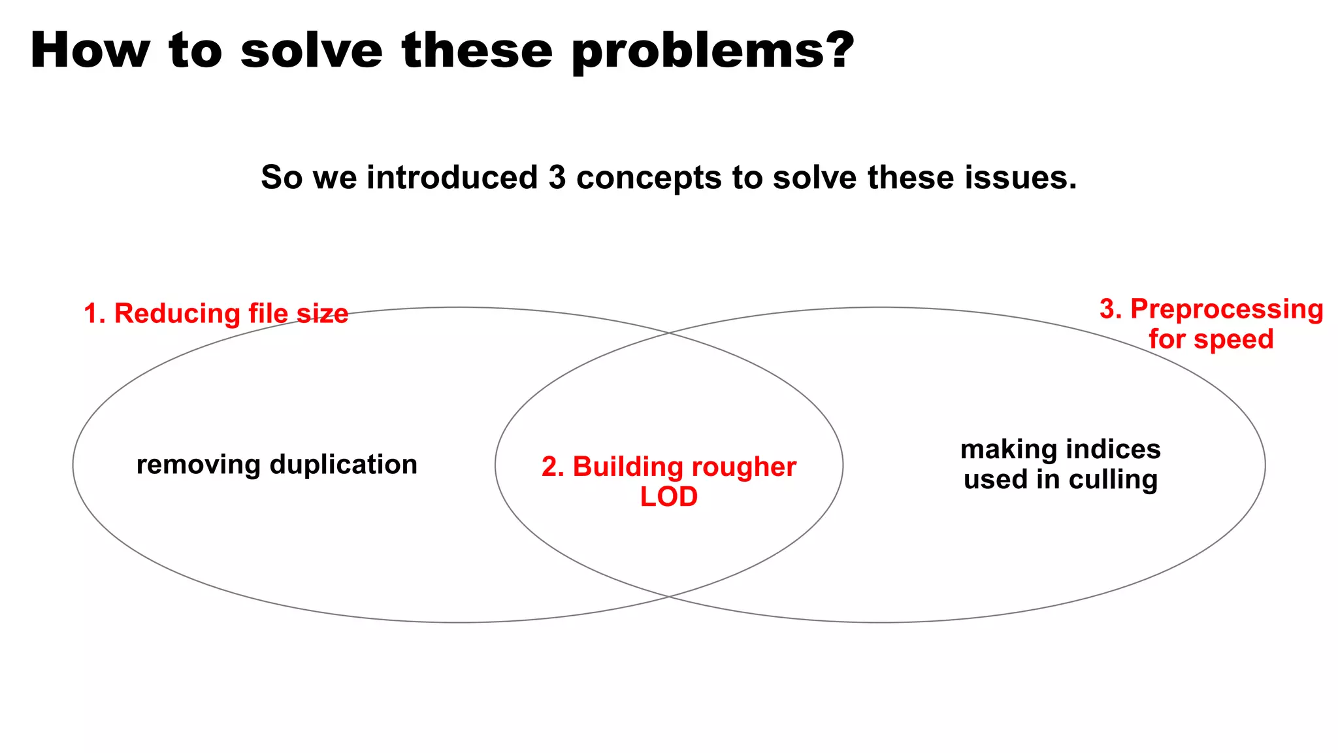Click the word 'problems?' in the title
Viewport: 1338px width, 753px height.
pos(713,51)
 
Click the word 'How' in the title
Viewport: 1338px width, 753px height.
pos(90,51)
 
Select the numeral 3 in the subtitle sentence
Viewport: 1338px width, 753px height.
pos(557,178)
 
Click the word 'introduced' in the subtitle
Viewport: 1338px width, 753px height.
pos(452,178)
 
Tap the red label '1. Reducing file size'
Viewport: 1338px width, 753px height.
pos(216,314)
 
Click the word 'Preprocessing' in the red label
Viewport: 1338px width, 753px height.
pos(1226,309)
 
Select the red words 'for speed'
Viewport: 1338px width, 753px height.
pos(1211,339)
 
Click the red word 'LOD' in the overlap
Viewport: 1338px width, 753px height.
pos(668,497)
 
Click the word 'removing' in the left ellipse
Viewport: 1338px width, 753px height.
pos(198,465)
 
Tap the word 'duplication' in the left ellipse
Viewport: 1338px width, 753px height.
pos(343,465)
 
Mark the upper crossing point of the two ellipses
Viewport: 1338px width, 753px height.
pos(668,333)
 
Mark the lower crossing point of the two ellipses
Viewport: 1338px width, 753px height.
pos(668,596)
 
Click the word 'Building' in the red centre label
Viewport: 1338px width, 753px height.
pos(627,467)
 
